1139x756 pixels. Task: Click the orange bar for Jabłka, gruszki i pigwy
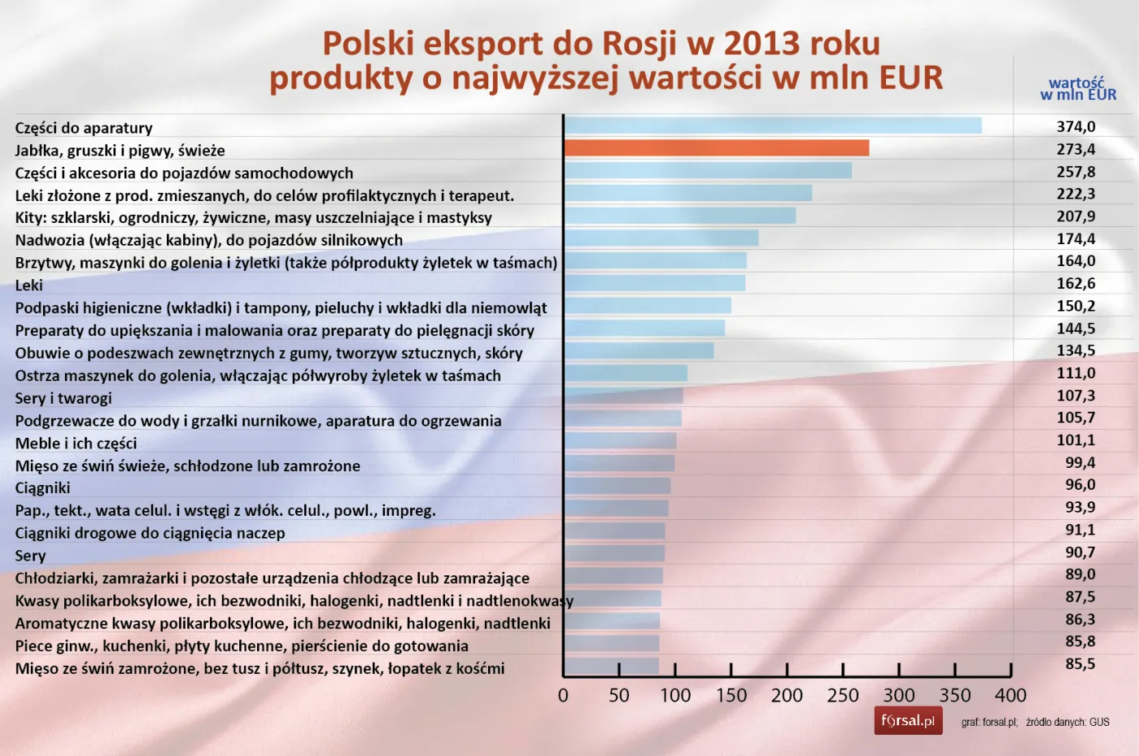[716, 148]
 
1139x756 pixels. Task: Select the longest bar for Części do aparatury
[773, 125]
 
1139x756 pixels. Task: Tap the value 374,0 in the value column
[1076, 127]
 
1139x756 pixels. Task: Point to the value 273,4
[1076, 150]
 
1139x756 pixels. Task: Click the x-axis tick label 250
[843, 696]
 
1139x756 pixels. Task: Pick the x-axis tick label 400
[1010, 696]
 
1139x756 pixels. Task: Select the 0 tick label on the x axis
[563, 696]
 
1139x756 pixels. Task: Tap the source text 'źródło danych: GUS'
[1067, 722]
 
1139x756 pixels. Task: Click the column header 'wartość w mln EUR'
[1078, 89]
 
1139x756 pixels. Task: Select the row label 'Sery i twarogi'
[63, 398]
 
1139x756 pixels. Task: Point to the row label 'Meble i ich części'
[76, 444]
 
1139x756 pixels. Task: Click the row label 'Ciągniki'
[42, 488]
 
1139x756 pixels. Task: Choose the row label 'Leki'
[28, 286]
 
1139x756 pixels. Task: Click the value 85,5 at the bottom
[1080, 664]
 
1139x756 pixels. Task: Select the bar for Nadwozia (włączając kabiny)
[661, 238]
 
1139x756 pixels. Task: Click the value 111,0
[1076, 374]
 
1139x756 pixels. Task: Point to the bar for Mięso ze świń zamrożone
[611, 666]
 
